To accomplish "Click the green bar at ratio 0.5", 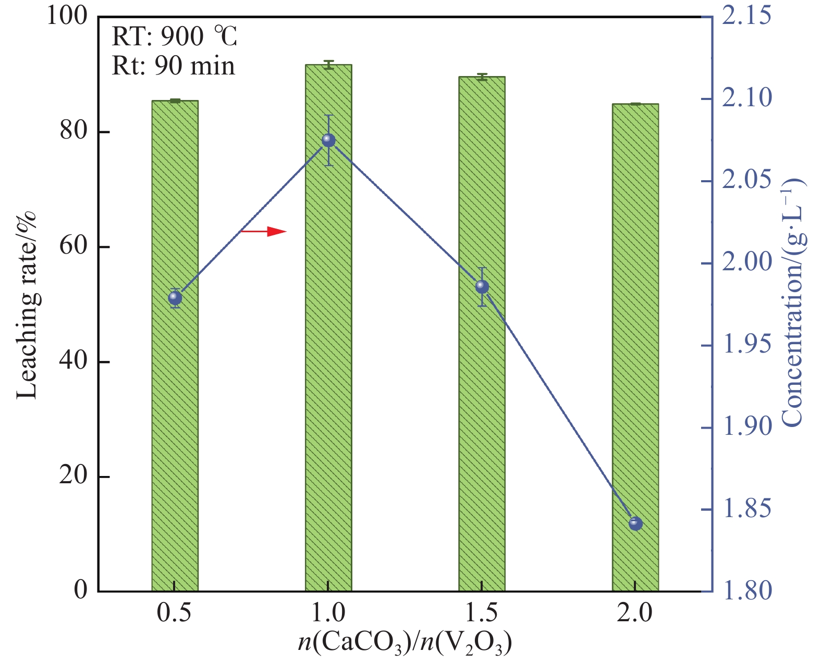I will (175, 417).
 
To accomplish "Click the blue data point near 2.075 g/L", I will (328, 140).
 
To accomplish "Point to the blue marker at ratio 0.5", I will (175, 298).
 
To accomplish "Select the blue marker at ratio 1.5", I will (482, 286).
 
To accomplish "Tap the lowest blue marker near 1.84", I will (635, 523).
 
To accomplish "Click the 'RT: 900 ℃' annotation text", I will (175, 36).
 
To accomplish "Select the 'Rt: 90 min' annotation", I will (173, 66).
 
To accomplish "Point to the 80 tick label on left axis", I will (73, 131).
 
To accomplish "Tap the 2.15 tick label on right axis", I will (746, 16).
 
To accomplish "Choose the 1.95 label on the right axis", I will (746, 344).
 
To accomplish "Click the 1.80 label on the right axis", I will (746, 591).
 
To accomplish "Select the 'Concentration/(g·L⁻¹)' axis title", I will (792, 302).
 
